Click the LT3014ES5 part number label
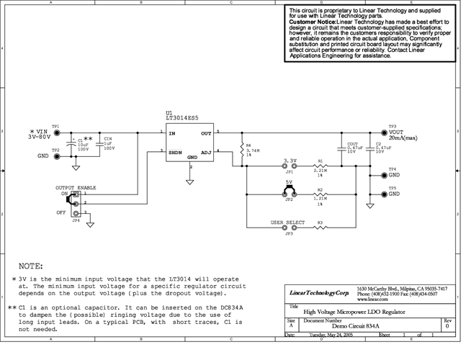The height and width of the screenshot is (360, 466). coord(182,118)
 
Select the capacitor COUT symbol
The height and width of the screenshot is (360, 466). coord(341,150)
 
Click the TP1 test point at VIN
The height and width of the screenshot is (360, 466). coord(56,133)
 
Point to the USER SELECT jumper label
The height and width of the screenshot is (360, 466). coord(288,222)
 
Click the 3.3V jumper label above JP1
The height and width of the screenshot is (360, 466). coord(290,160)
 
